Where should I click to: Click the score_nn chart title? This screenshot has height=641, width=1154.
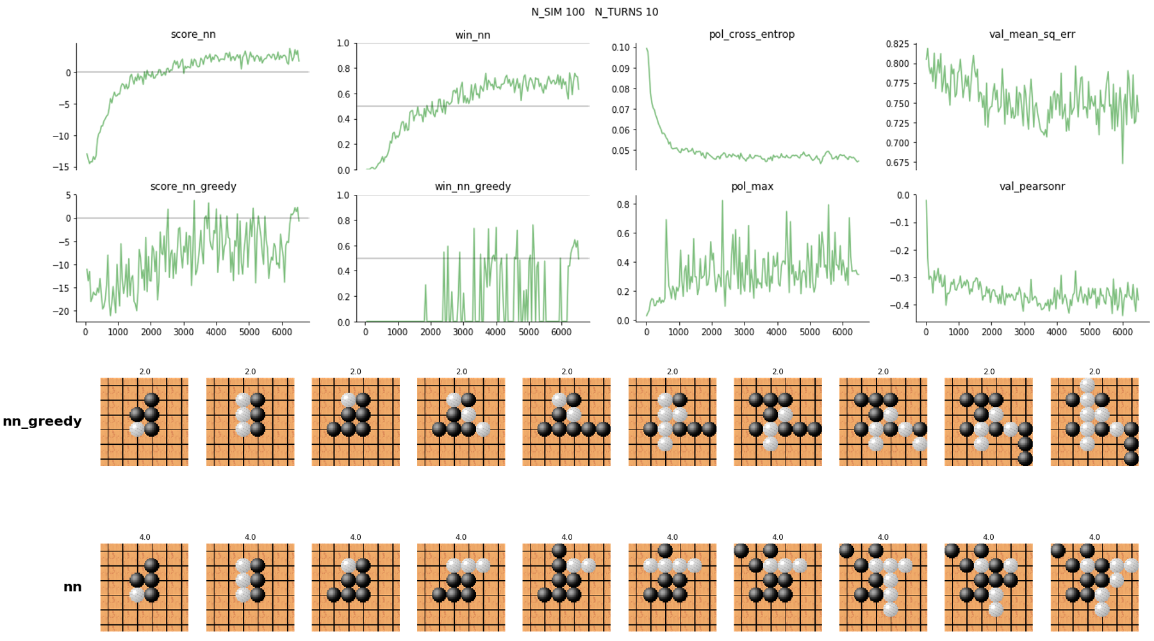tap(193, 35)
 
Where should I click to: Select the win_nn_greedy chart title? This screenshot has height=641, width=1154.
tap(473, 187)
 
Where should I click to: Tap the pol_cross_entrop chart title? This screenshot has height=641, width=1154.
tap(752, 35)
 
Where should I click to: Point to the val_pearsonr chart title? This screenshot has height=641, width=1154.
tap(1032, 187)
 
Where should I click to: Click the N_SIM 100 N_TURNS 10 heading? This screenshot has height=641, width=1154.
tap(595, 12)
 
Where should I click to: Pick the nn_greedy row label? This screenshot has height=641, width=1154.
tap(42, 421)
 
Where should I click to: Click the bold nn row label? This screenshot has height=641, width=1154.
tap(72, 587)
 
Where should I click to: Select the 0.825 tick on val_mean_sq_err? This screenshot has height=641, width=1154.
tap(897, 44)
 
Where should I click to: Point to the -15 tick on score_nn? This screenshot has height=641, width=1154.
tap(62, 167)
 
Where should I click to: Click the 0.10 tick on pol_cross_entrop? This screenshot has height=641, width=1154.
tap(620, 47)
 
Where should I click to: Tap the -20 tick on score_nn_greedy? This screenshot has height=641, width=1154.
tap(62, 312)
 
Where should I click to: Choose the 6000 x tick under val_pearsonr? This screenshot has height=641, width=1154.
tap(1122, 332)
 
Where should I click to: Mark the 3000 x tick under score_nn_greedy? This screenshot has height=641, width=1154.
tap(183, 332)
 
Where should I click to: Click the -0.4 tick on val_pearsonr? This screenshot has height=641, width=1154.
tap(900, 305)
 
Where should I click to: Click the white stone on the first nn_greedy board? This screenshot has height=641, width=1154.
tap(137, 429)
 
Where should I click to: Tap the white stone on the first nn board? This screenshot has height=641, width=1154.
tap(137, 595)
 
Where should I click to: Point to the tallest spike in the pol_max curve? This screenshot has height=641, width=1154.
tap(722, 201)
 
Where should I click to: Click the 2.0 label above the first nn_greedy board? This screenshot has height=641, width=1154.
tap(145, 372)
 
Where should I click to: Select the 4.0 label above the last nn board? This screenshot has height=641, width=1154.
tap(1094, 537)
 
